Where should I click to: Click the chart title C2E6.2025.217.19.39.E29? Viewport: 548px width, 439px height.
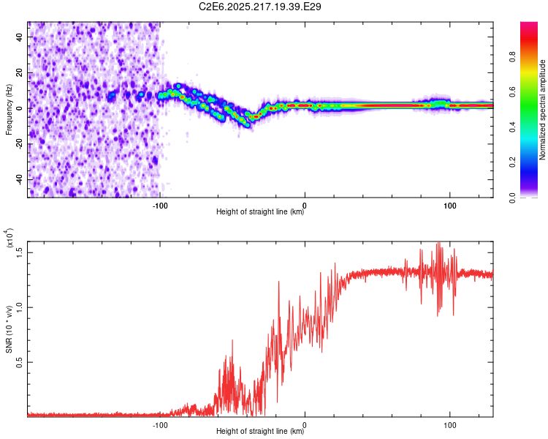(x=259, y=7)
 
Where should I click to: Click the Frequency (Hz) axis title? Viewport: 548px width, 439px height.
(x=9, y=109)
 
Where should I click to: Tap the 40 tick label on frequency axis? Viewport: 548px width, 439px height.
(x=20, y=37)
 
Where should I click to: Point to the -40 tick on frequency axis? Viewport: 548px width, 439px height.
(x=20, y=179)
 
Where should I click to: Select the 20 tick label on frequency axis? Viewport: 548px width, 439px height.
(x=20, y=72)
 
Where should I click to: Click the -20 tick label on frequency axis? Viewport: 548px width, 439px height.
(x=20, y=144)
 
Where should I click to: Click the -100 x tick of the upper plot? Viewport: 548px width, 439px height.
(x=160, y=206)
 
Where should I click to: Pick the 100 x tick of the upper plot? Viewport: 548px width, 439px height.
(x=450, y=206)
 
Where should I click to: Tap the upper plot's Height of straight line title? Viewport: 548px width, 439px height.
(x=260, y=211)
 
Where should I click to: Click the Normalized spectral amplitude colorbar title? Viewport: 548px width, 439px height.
(x=542, y=110)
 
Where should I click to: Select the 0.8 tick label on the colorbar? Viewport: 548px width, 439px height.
(x=512, y=57)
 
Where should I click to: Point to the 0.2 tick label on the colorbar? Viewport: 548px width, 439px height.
(x=512, y=162)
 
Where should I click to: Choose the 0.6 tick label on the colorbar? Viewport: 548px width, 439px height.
(x=512, y=92)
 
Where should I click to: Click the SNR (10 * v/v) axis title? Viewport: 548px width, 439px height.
(x=9, y=329)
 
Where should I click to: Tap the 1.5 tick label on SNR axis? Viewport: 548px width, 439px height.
(x=20, y=252)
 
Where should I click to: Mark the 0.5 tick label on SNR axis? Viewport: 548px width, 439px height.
(x=20, y=362)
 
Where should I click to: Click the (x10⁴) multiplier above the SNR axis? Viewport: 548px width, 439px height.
(x=9, y=238)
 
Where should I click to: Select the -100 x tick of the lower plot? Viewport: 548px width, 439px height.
(x=160, y=425)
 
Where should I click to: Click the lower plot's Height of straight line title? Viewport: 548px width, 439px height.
(x=260, y=431)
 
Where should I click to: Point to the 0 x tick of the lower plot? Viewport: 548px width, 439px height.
(x=305, y=425)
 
